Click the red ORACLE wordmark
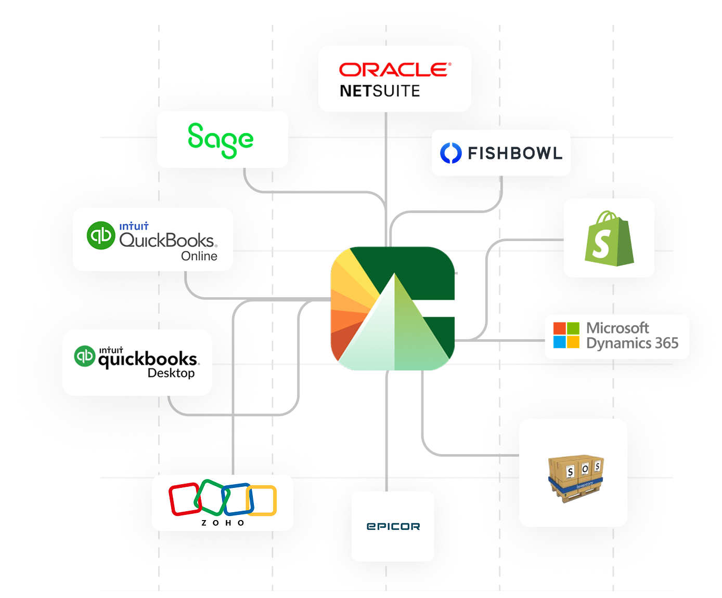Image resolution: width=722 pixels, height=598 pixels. coord(395,70)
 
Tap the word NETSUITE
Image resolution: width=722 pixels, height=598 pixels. coord(380,91)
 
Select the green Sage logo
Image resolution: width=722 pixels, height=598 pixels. coord(221,141)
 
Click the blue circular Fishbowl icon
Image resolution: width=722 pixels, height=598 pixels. coord(450,153)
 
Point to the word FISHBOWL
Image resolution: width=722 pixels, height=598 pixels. coord(515,153)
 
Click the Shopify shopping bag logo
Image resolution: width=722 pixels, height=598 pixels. coord(609,238)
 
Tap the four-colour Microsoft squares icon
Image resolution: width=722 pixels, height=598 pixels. coord(566,335)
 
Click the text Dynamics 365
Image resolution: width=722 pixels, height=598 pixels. coord(632,343)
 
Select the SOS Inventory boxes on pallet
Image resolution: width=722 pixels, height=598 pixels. coord(576,479)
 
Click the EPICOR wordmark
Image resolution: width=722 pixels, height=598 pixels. coord(393,526)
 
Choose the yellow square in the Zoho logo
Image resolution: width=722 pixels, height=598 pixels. coord(262,500)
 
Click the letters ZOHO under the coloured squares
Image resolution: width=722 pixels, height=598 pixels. coord(223,523)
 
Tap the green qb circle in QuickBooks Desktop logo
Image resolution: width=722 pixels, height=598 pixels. coord(84,356)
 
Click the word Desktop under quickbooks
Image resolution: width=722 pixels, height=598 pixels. coord(171,373)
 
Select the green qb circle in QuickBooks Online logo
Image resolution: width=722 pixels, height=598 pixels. coord(100,235)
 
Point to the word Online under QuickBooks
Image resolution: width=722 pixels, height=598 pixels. coord(199,256)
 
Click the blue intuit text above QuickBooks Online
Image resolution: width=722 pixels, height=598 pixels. coord(134,227)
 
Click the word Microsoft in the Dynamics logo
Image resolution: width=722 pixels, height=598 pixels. coord(617,328)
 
